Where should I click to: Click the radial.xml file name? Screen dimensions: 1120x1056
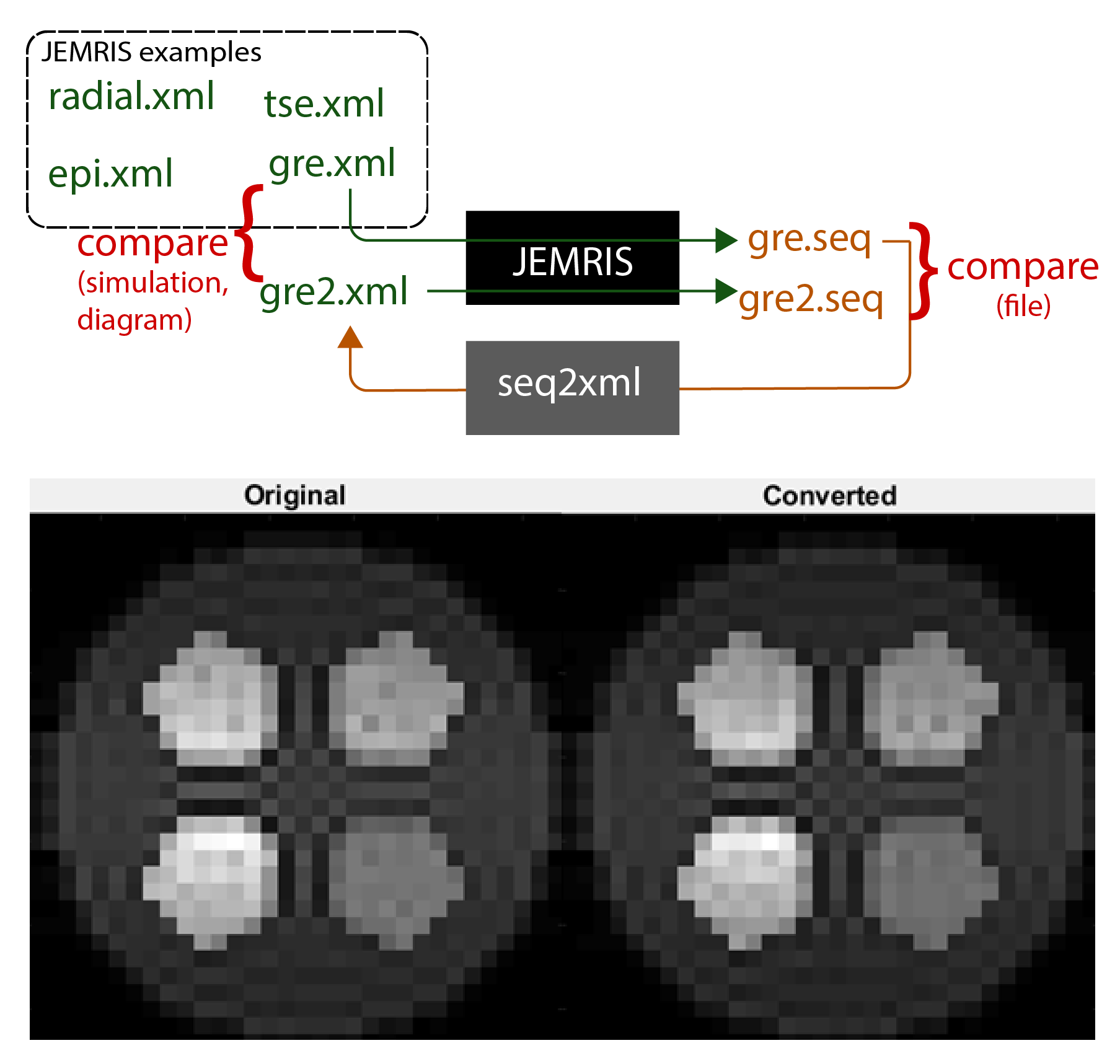pyautogui.click(x=131, y=97)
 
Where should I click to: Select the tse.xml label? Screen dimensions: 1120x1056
pyautogui.click(x=324, y=103)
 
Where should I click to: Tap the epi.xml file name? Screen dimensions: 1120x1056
pyautogui.click(x=110, y=174)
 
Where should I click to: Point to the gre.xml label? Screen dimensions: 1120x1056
pyautogui.click(x=332, y=164)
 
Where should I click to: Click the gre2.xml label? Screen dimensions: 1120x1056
pyautogui.click(x=333, y=293)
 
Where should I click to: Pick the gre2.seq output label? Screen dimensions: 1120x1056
pyautogui.click(x=811, y=300)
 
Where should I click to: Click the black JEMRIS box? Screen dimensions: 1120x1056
pyautogui.click(x=572, y=258)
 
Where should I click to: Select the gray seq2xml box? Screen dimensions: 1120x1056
pyautogui.click(x=572, y=387)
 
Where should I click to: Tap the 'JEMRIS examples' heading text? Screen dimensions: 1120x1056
pyautogui.click(x=151, y=52)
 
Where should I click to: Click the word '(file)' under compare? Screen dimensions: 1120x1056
pyautogui.click(x=1023, y=306)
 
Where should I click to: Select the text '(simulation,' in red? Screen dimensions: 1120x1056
pyautogui.click(x=153, y=283)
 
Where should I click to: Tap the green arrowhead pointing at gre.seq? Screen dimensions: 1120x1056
pyautogui.click(x=726, y=240)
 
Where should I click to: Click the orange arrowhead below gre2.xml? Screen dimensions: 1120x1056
pyautogui.click(x=350, y=338)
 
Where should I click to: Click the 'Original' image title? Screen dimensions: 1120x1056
pyautogui.click(x=295, y=496)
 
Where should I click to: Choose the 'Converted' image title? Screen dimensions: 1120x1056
pyautogui.click(x=829, y=496)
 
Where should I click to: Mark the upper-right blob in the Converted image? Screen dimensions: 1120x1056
pyautogui.click(x=930, y=700)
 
